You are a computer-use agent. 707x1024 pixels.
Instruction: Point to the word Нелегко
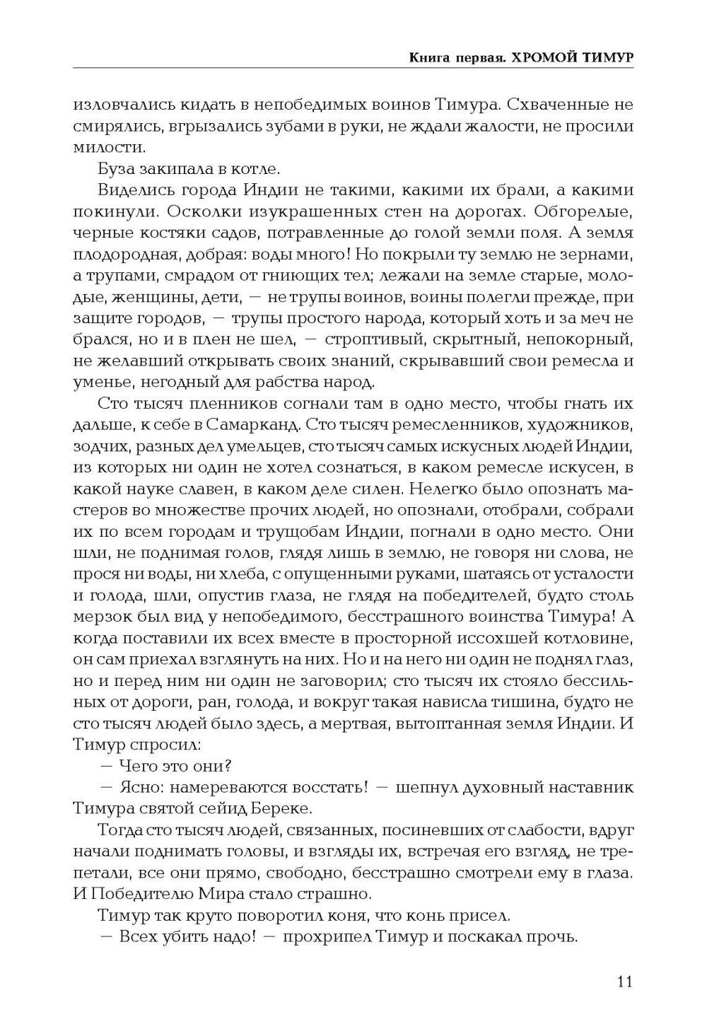pyautogui.click(x=427, y=489)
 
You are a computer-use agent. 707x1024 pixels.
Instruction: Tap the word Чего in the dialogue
pyautogui.click(x=138, y=766)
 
